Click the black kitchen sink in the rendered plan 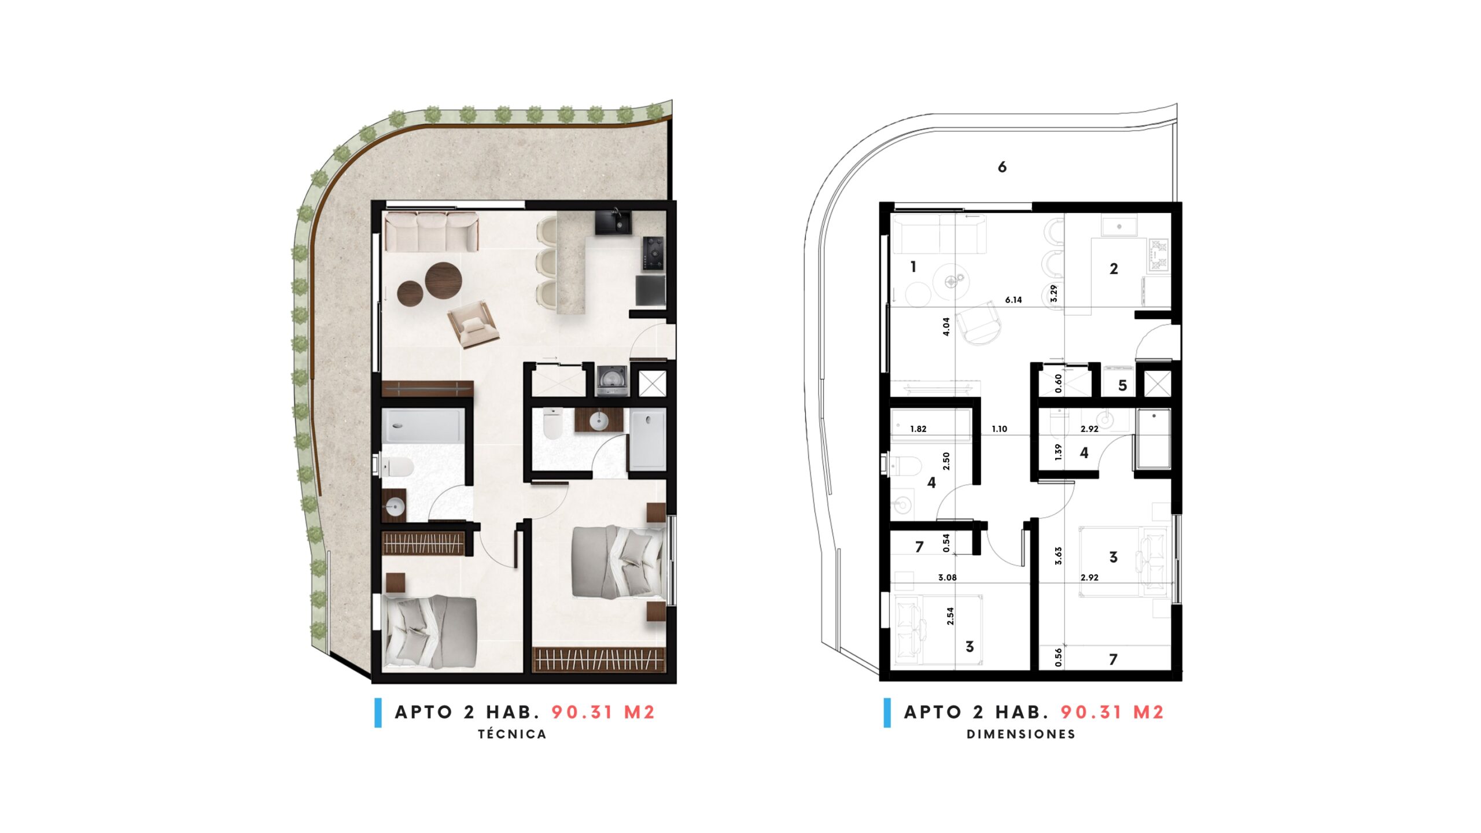point(613,222)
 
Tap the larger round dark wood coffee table point(444,281)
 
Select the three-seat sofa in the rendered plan point(432,231)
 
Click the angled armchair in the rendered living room point(473,324)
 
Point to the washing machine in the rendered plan point(612,381)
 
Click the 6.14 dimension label point(1013,300)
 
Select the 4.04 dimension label point(946,327)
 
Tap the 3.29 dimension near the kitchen point(1053,293)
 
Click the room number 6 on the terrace point(1002,167)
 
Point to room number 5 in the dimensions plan point(1122,386)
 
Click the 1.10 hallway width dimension point(999,429)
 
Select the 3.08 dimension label point(947,577)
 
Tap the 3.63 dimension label point(1058,556)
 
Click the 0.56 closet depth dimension point(1058,657)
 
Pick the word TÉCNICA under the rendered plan point(512,734)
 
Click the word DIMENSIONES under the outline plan point(1021,734)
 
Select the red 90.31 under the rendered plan point(582,712)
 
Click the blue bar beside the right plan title point(887,713)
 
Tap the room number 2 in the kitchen point(1114,268)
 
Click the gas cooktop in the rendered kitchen point(653,253)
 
